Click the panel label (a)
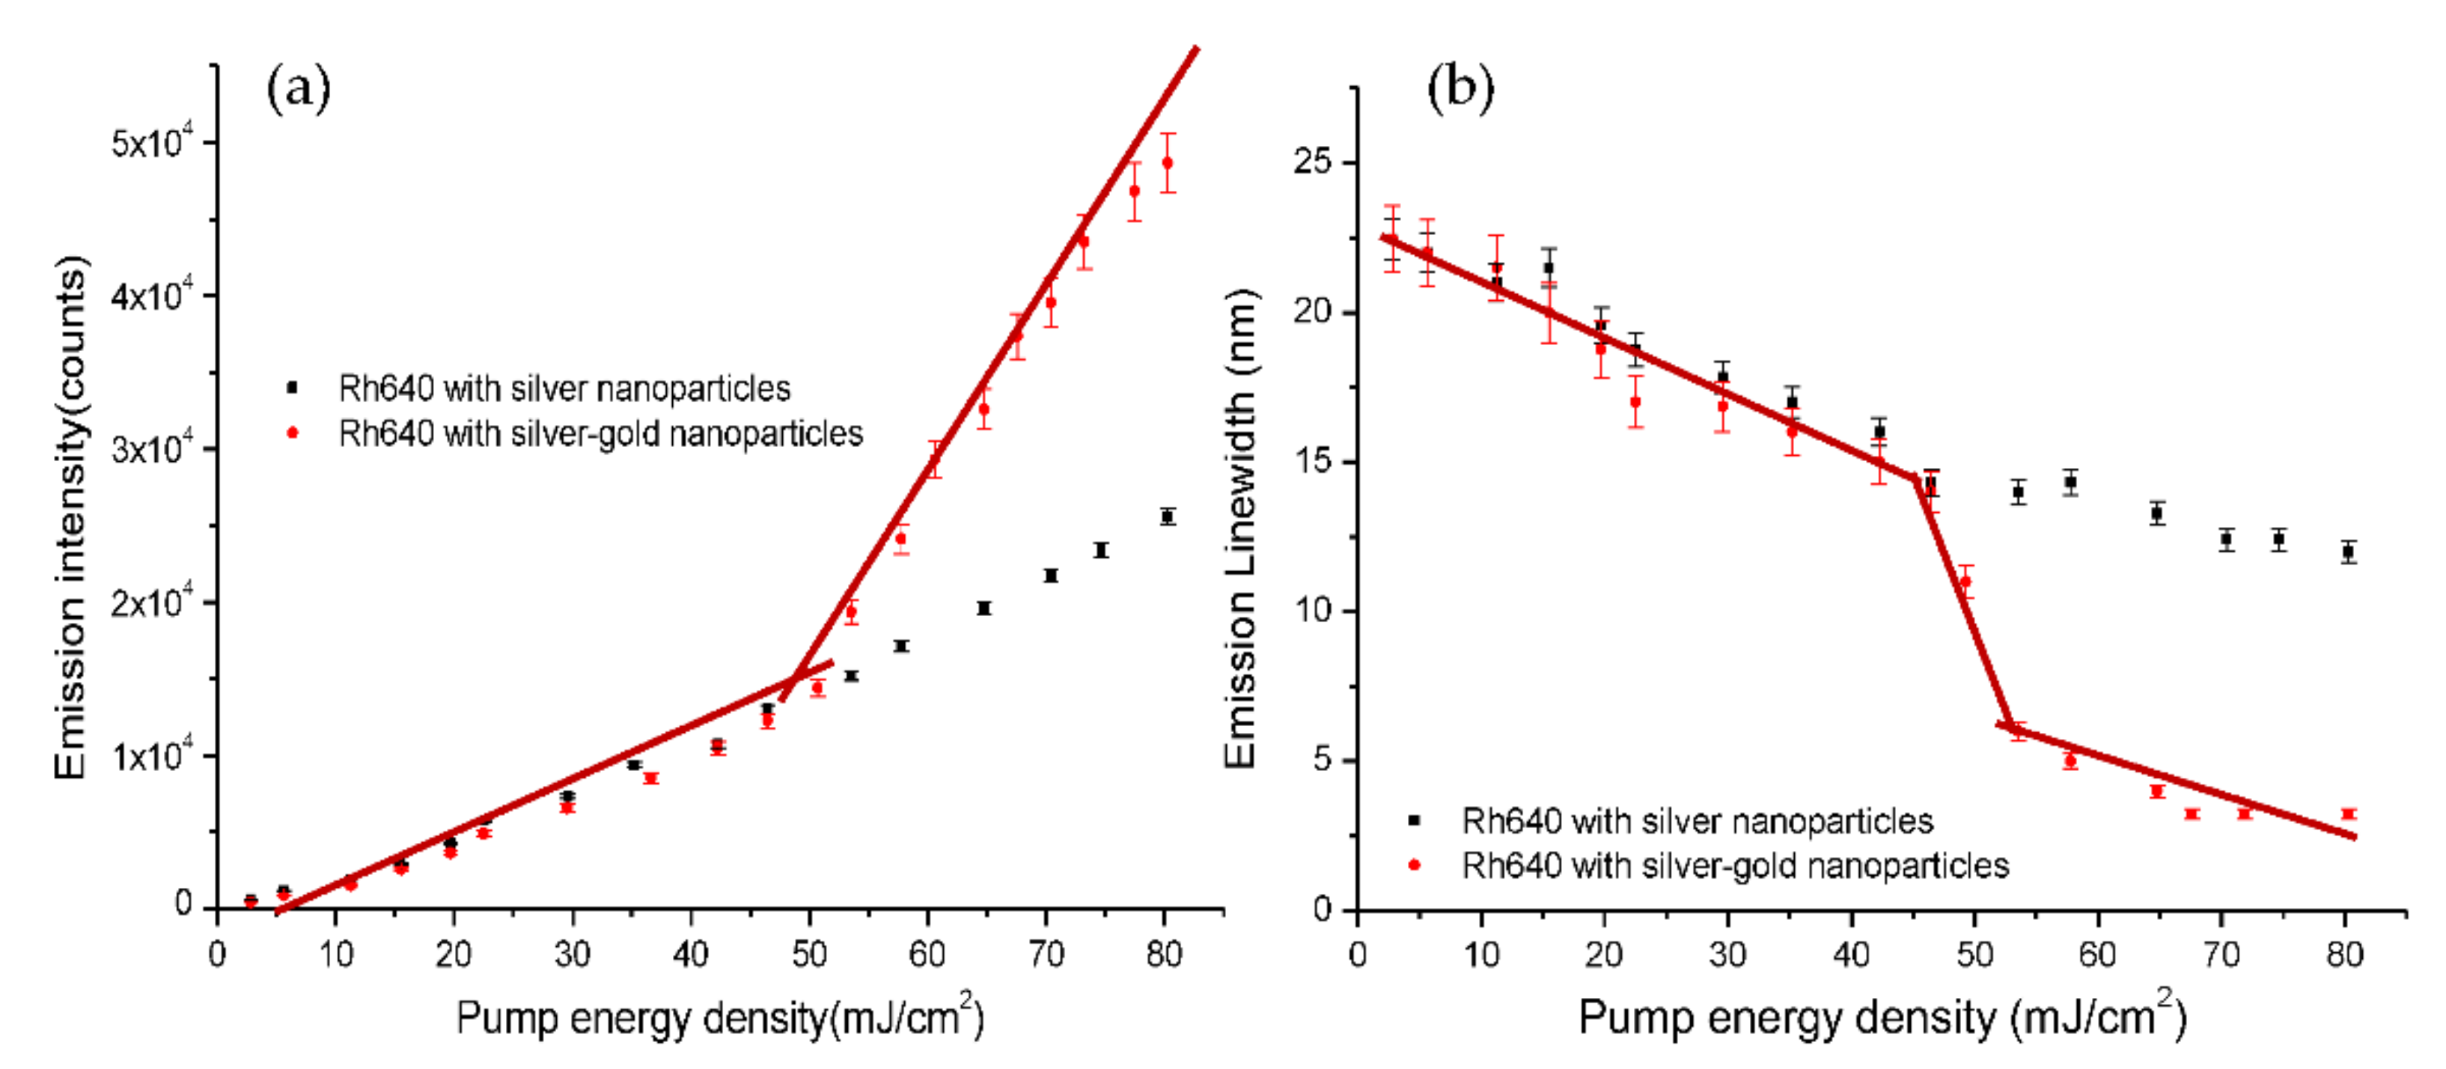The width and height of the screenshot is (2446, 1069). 298,89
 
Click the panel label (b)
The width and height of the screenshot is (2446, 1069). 1460,89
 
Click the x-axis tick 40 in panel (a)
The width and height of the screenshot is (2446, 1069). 690,952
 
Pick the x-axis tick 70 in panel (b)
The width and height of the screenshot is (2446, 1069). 2221,952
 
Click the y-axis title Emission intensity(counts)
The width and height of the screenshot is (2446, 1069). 70,517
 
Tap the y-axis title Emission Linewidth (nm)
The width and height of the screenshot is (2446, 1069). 1240,528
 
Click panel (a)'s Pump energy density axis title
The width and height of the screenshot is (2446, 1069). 719,1019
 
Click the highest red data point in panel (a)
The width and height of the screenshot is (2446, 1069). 1167,162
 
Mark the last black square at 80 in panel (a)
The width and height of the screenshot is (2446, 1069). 1167,517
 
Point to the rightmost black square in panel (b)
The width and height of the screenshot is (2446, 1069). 2348,552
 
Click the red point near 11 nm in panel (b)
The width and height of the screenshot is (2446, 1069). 1965,581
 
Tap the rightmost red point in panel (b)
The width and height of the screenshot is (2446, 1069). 2348,814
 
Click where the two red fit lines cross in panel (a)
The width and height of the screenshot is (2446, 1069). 796,676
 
